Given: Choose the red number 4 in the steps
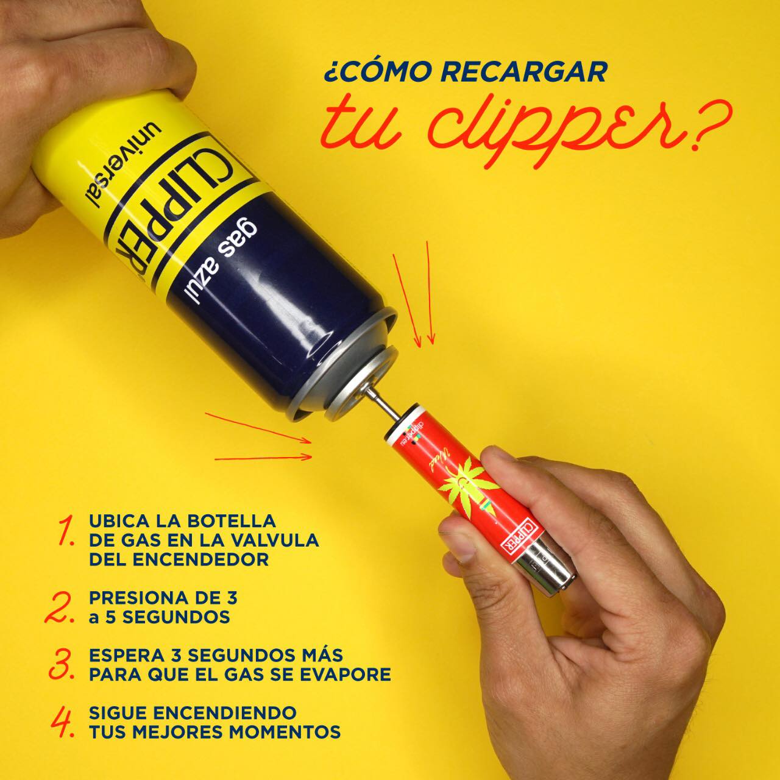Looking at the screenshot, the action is point(63,722).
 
